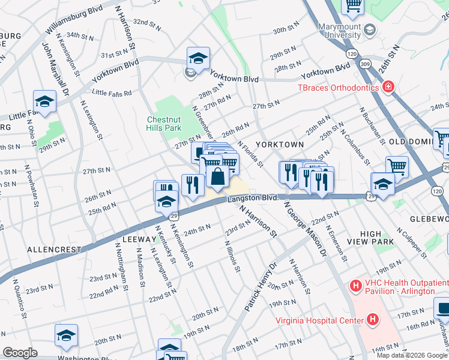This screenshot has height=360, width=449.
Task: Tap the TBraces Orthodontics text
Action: pos(339,88)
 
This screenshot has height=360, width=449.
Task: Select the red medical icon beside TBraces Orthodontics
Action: pos(388,88)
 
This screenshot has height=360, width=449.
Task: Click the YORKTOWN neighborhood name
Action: pos(279,145)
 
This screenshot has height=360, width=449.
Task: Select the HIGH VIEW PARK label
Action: pos(377,237)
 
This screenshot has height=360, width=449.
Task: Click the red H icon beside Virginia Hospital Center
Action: pos(373,320)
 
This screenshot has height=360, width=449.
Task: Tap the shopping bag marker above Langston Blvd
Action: pos(217,176)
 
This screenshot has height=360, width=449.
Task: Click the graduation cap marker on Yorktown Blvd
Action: pos(198,58)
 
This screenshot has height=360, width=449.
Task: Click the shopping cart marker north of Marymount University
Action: pos(353,6)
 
